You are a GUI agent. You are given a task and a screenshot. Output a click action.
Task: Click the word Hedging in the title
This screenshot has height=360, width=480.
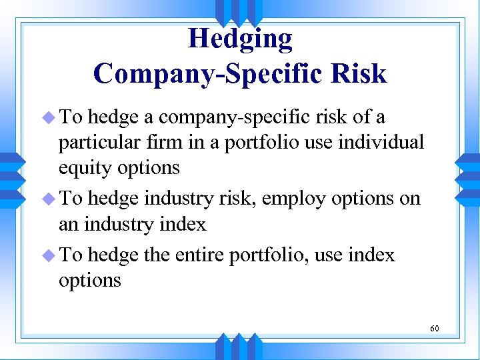240,39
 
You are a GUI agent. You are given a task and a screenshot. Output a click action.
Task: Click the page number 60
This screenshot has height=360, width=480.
434,328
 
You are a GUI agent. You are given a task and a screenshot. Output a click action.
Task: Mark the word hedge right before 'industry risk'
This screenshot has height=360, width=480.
113,199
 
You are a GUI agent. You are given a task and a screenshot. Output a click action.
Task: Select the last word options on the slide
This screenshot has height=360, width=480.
90,281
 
